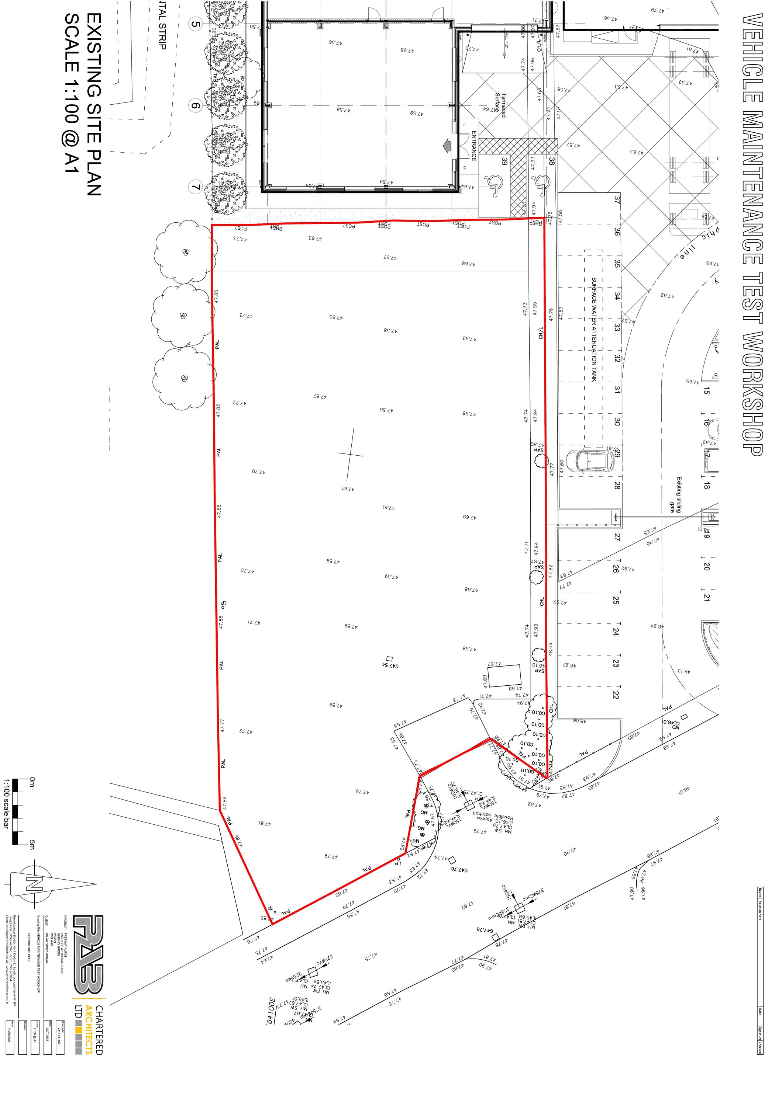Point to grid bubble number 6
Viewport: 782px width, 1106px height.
pyautogui.click(x=195, y=105)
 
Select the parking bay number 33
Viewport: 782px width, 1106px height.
pyautogui.click(x=617, y=327)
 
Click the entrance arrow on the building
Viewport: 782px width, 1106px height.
pyautogui.click(x=447, y=145)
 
